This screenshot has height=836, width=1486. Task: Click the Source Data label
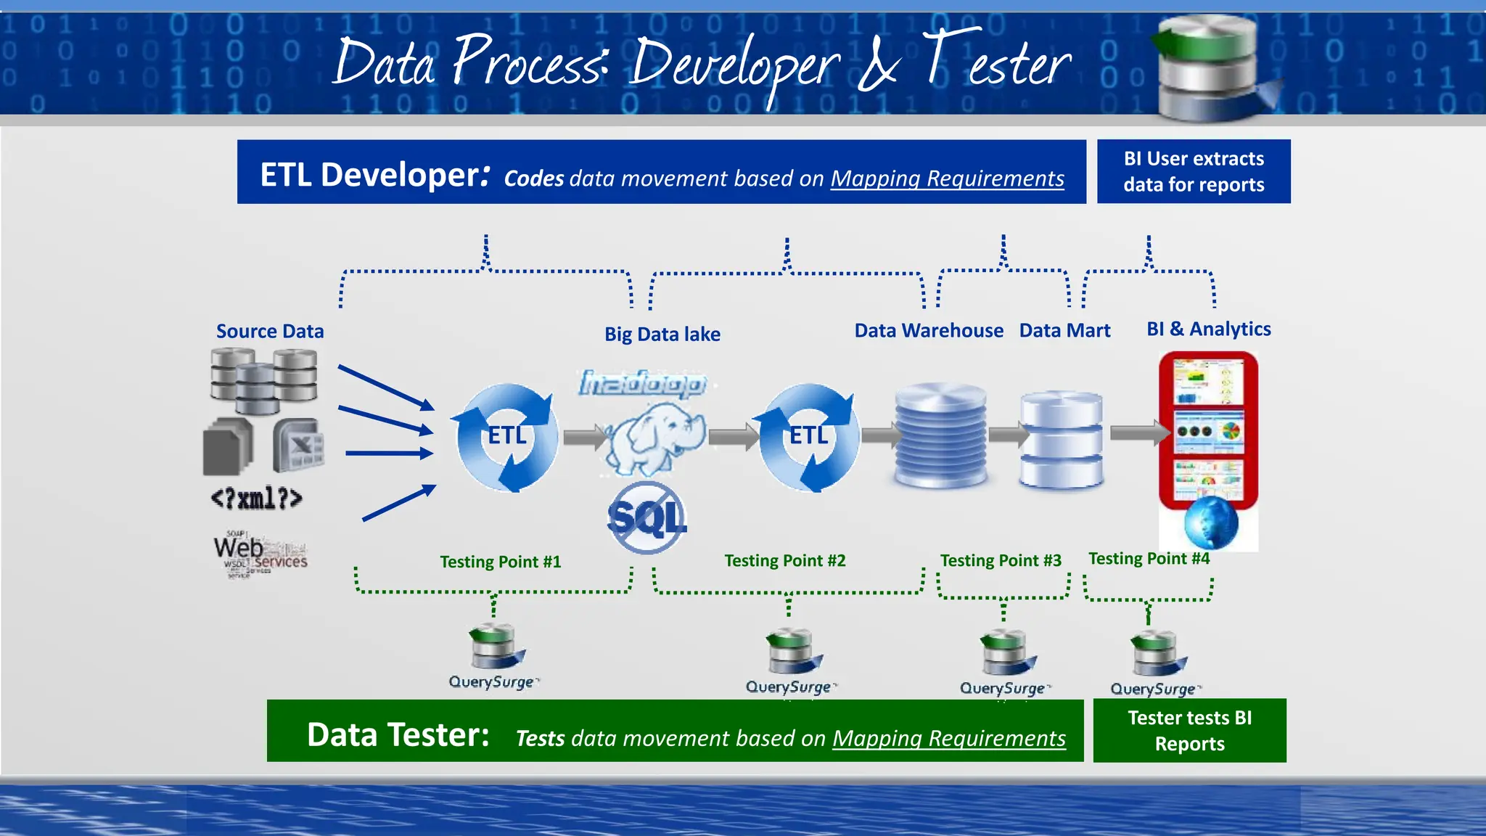[x=270, y=332]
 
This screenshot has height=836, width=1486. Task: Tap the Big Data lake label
[x=662, y=335]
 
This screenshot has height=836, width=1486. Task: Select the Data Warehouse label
[x=928, y=331]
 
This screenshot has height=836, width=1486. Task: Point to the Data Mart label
[x=1064, y=331]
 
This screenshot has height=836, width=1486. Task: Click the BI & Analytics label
[x=1208, y=329]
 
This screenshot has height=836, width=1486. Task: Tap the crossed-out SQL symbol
[x=646, y=518]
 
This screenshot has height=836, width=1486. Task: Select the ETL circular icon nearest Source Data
[x=506, y=437]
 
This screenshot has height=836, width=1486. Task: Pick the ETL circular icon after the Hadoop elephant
[x=808, y=437]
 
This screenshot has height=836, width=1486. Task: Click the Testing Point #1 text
[x=500, y=562]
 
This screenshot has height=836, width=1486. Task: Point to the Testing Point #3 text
[x=1000, y=560]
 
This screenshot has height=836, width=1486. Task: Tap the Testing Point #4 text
[x=1149, y=558]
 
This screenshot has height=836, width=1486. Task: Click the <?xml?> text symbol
[x=256, y=499]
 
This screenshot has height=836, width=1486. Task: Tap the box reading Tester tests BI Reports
[x=1189, y=730]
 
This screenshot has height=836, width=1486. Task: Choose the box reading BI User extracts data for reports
[x=1194, y=171]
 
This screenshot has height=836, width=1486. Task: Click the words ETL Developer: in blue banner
[x=374, y=175]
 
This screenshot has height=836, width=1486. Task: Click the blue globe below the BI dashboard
[x=1210, y=522]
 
